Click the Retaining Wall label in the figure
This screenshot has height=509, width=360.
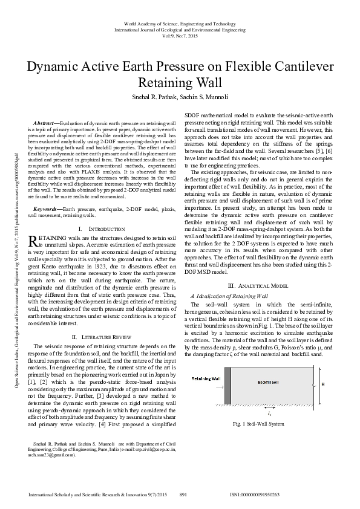pyautogui.click(x=207, y=378)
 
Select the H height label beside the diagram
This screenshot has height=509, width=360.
pyautogui.click(x=322, y=384)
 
